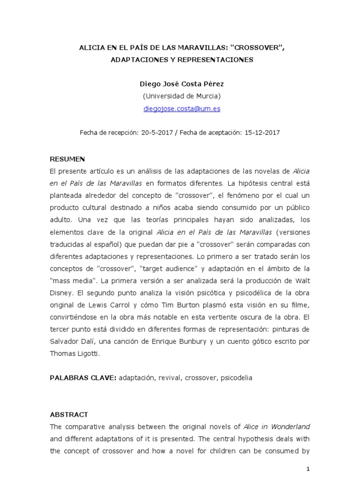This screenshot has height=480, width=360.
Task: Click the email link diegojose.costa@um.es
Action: tap(181, 108)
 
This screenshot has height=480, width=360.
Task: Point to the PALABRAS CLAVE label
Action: tap(82, 377)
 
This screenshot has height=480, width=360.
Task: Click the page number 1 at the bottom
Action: tap(308, 469)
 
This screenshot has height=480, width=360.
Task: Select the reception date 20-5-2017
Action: tap(155, 133)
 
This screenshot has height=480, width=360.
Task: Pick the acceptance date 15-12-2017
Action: tap(262, 133)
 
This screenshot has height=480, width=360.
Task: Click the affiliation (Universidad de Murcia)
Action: tap(181, 96)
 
